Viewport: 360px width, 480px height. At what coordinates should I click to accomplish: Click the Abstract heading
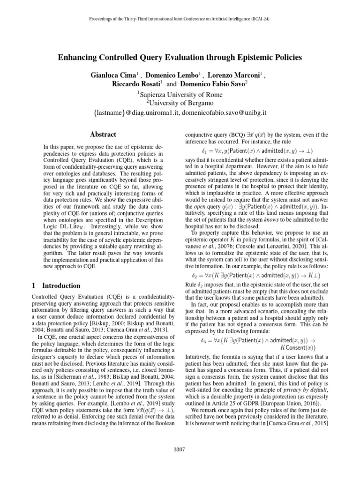(x=103, y=134)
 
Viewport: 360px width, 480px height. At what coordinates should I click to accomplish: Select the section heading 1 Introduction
(x=55, y=285)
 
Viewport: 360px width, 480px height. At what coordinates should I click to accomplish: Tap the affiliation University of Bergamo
(x=181, y=104)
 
